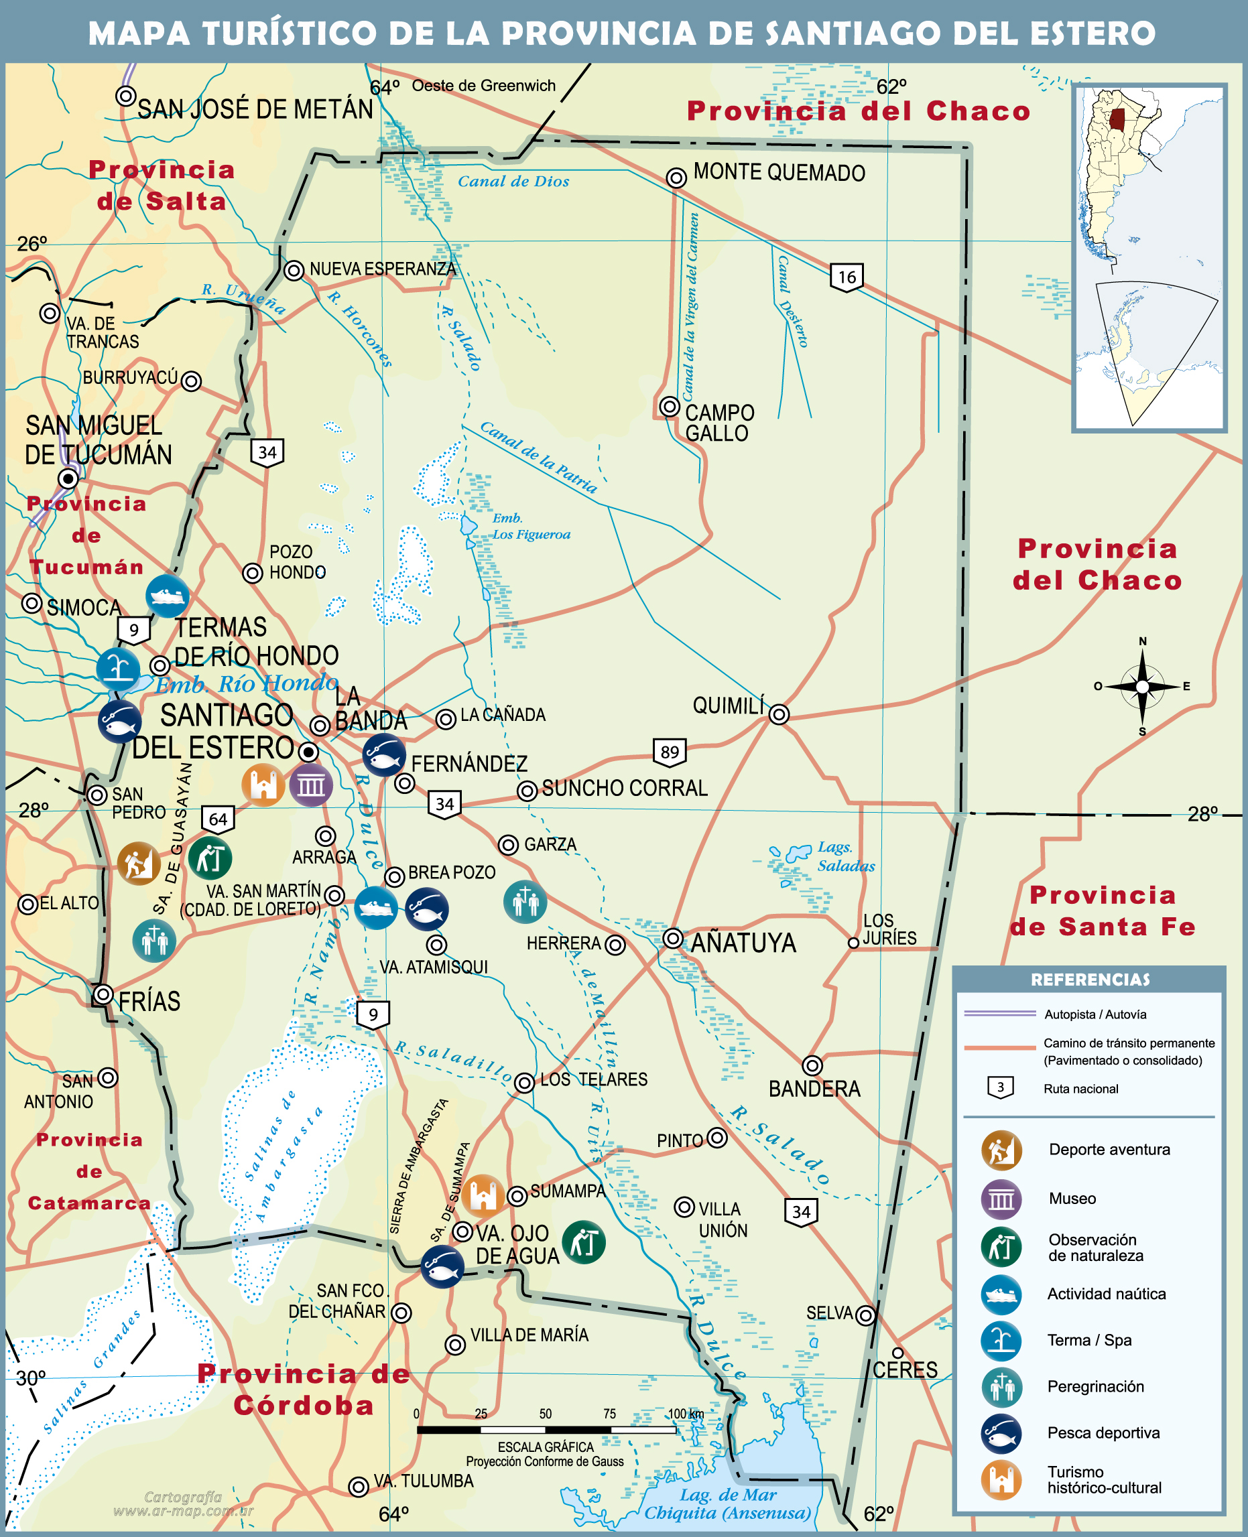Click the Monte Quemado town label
[x=779, y=173]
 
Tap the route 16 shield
[x=847, y=277]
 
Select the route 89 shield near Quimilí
[x=670, y=752]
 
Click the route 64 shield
[x=218, y=819]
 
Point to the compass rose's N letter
[x=1142, y=641]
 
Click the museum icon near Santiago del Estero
[x=310, y=785]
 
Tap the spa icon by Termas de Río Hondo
[x=118, y=668]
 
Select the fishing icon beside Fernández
[x=383, y=754]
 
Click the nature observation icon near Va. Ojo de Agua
[x=583, y=1242]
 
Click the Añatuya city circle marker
[x=672, y=938]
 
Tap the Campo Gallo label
[x=719, y=423]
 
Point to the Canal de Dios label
[x=513, y=182]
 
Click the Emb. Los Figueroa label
[x=531, y=526]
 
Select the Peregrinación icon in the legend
[x=1001, y=1386]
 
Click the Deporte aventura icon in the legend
[x=1001, y=1150]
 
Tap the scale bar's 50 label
[x=545, y=1414]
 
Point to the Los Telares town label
[x=594, y=1079]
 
